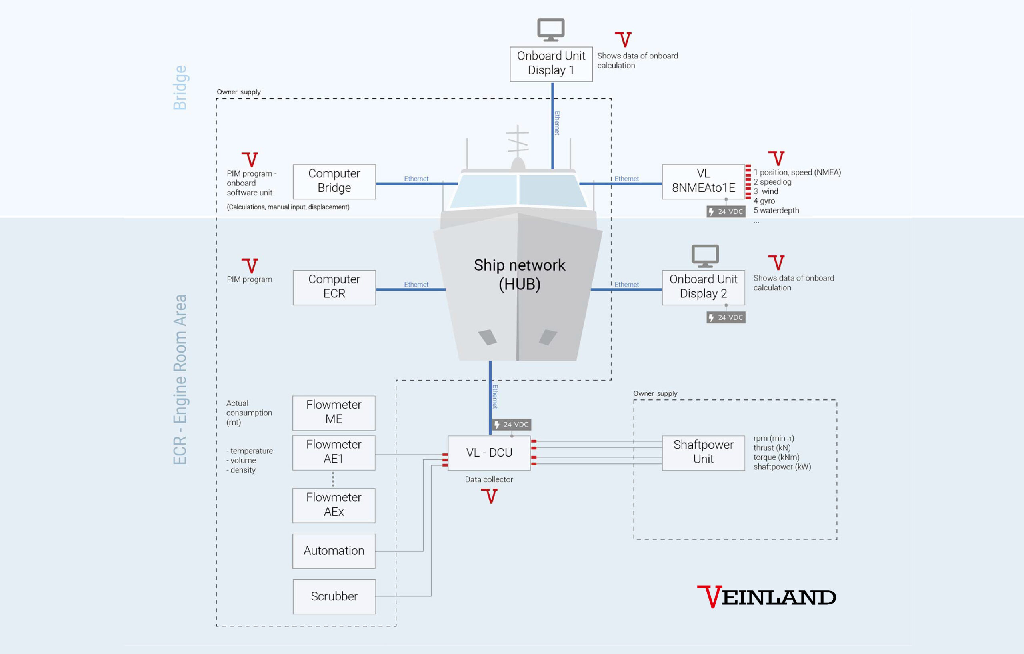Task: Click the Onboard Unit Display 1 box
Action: (551, 64)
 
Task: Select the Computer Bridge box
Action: (334, 181)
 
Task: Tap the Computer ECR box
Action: (334, 287)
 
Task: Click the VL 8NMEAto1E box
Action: (703, 181)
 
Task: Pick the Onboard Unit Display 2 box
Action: (703, 287)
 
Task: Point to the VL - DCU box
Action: (489, 453)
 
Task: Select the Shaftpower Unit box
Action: (703, 453)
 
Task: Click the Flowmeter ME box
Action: (334, 413)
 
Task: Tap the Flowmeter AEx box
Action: (334, 505)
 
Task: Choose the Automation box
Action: (334, 551)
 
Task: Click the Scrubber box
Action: (334, 596)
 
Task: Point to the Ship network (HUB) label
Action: (520, 275)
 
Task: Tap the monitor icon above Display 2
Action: (705, 256)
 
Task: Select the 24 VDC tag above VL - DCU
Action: (512, 425)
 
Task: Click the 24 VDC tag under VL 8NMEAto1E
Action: (726, 211)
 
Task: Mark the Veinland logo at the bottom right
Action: (766, 597)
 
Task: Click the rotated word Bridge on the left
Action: (180, 88)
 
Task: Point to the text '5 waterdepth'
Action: (776, 211)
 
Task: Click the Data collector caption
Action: (489, 479)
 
